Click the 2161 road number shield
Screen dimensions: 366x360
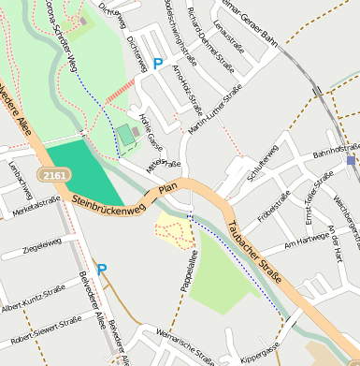51,175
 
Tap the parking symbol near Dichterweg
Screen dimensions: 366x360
158,64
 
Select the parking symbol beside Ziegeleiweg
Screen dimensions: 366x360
102,270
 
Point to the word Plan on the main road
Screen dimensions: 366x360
168,190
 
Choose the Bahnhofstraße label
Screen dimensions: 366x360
336,149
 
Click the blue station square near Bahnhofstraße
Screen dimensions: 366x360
351,160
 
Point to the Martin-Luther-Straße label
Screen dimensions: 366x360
210,113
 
